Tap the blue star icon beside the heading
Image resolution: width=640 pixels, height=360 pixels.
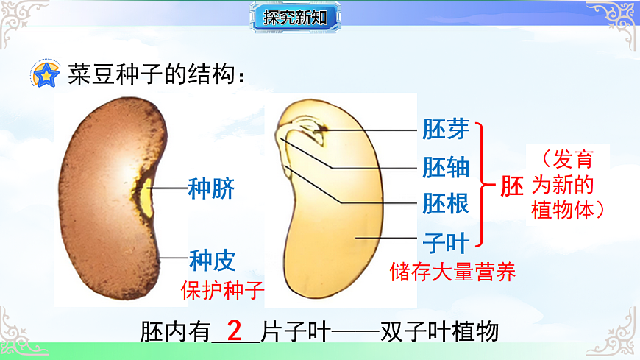[x=46, y=74]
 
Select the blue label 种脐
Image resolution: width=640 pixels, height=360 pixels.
[x=211, y=188]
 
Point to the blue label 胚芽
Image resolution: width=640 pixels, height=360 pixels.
[x=446, y=130]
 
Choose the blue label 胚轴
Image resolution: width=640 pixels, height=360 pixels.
[x=446, y=167]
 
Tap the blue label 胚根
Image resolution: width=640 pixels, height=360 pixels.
[x=446, y=203]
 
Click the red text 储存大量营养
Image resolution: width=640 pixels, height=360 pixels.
[x=452, y=272]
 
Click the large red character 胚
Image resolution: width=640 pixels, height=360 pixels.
[x=512, y=186]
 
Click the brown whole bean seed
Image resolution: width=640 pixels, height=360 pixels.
[x=110, y=199]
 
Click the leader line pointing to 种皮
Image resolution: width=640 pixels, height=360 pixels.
[x=175, y=258]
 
